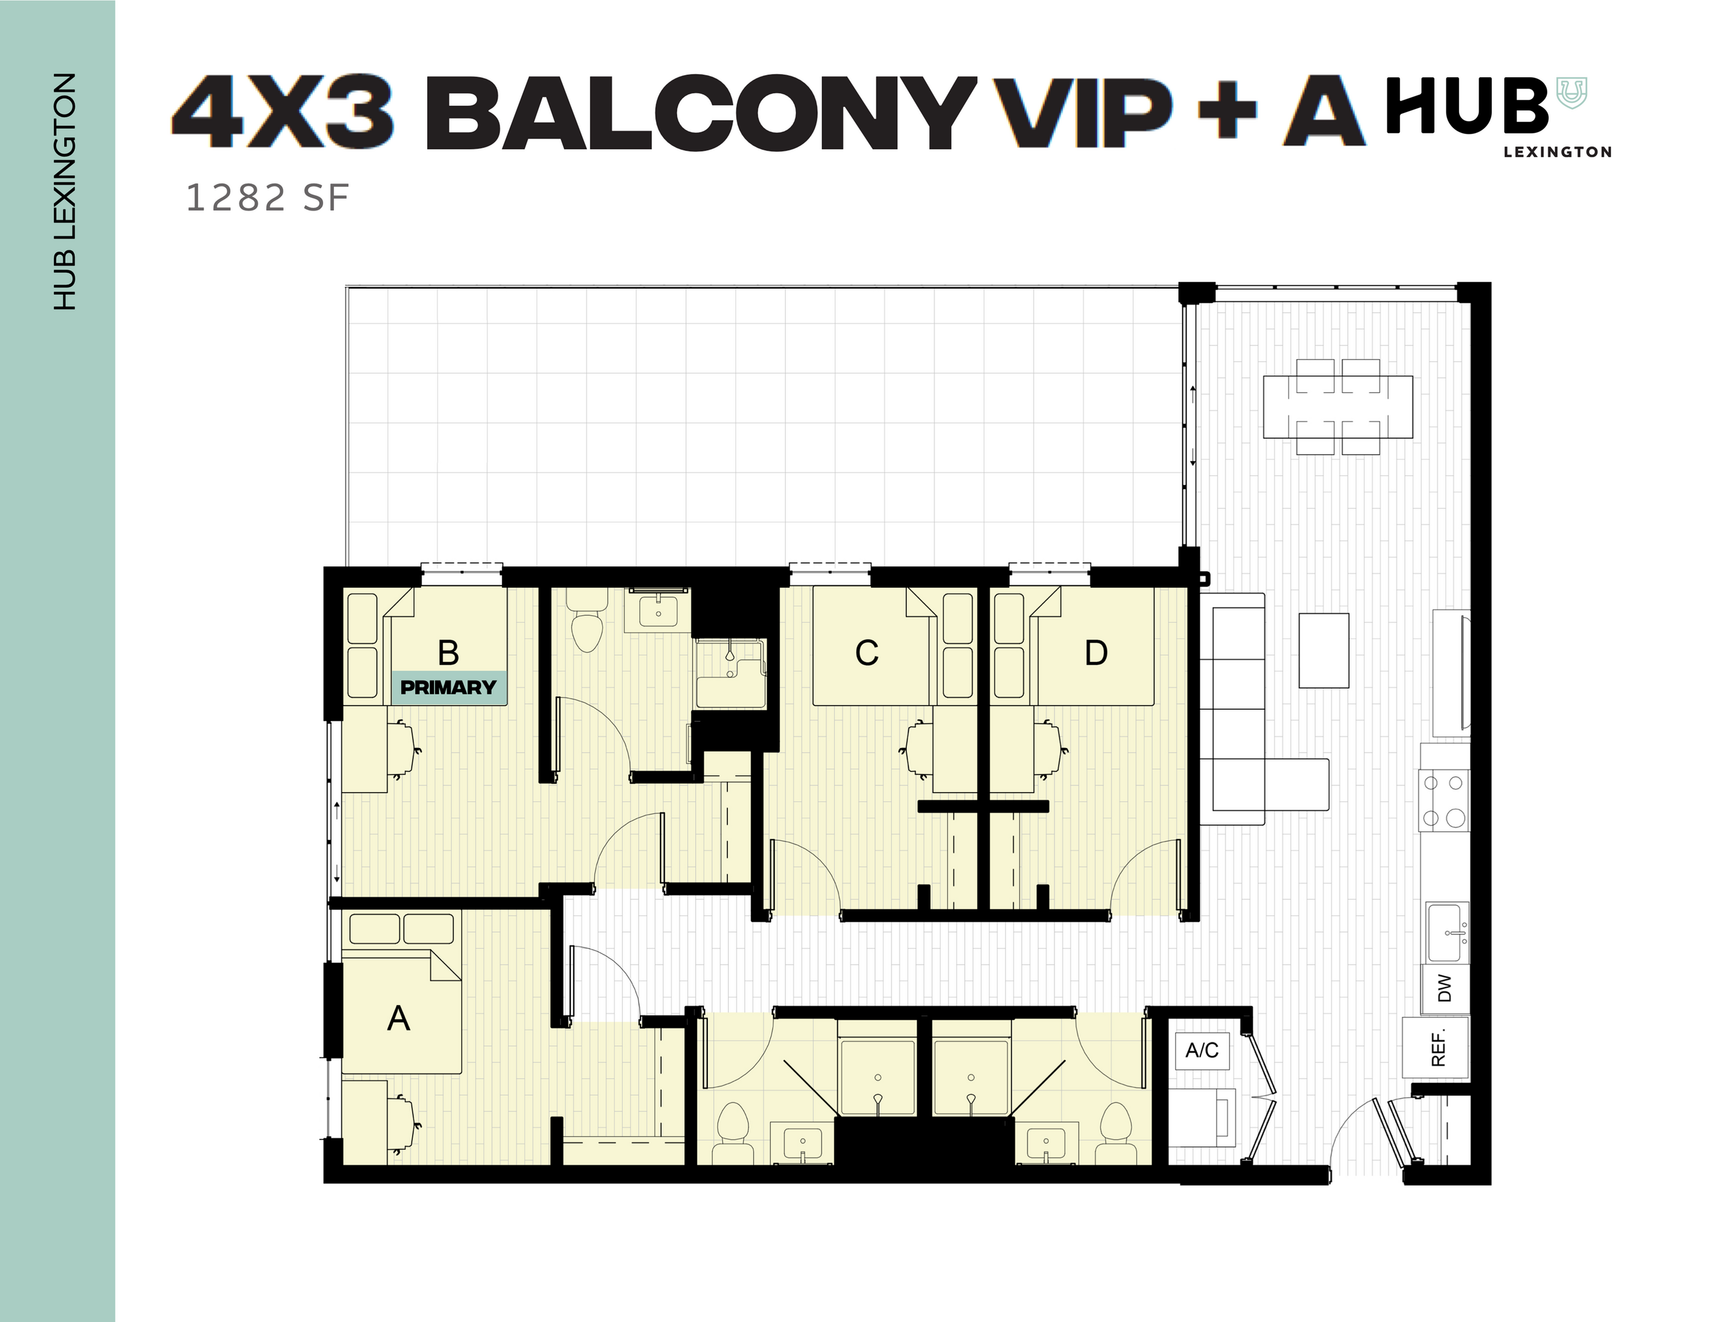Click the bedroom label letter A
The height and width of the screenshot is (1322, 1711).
click(x=399, y=1019)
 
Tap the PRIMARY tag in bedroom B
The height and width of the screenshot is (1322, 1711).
click(x=448, y=687)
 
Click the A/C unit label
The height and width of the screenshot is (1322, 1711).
click(x=1202, y=1050)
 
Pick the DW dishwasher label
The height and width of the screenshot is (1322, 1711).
click(x=1444, y=988)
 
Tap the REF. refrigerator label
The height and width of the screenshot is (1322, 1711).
click(x=1438, y=1048)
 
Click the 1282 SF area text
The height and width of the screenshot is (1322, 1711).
click(x=267, y=198)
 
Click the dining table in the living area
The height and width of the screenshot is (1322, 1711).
click(x=1337, y=406)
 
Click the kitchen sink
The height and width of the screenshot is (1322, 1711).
click(x=1447, y=933)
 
